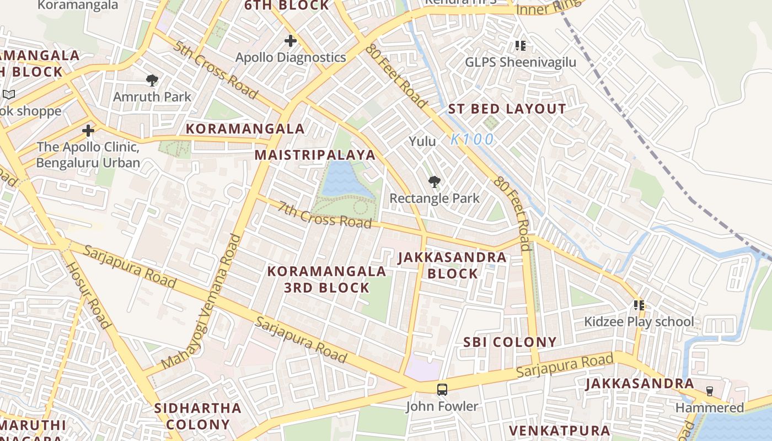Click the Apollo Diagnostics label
291,57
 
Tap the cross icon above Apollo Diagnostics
291,41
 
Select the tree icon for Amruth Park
152,80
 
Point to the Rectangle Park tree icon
435,182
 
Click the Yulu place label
422,141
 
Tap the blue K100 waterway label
472,139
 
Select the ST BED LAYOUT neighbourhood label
507,109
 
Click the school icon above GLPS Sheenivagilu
521,45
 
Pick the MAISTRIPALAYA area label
315,155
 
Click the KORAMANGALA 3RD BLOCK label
326,279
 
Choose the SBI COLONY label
510,342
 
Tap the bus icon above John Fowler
442,390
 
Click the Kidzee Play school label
639,321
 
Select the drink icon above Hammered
710,391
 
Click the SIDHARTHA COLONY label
197,416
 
